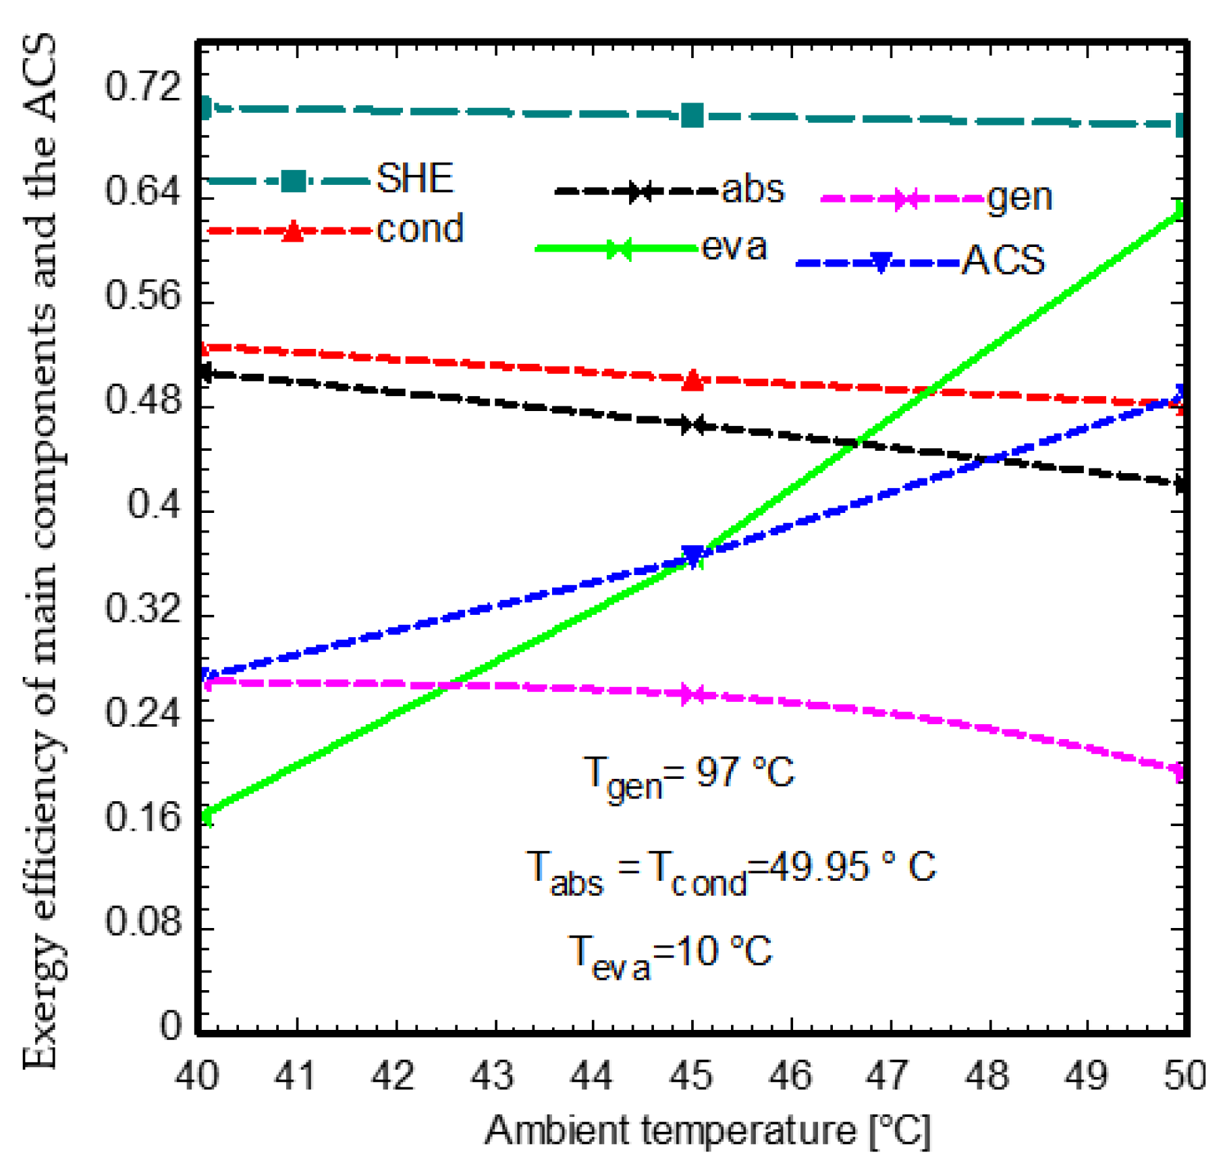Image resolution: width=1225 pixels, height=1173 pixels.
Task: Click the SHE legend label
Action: click(x=414, y=179)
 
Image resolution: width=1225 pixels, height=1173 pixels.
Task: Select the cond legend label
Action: click(x=420, y=229)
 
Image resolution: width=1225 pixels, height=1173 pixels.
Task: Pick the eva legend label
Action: click(x=734, y=247)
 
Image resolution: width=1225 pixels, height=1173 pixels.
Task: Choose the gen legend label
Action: click(x=1019, y=198)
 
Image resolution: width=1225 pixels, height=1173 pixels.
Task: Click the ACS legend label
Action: click(x=1004, y=260)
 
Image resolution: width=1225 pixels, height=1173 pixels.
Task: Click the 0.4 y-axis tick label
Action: click(x=155, y=503)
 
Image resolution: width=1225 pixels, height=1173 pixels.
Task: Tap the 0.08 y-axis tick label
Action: click(x=144, y=921)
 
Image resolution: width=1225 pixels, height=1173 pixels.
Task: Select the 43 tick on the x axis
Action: click(x=493, y=1074)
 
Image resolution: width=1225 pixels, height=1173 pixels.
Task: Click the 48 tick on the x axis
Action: click(x=987, y=1074)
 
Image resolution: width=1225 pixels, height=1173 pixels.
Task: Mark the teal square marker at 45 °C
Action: click(x=692, y=115)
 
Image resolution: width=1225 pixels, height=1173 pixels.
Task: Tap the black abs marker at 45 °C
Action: click(x=692, y=425)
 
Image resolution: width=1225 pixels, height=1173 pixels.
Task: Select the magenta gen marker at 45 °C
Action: click(x=692, y=694)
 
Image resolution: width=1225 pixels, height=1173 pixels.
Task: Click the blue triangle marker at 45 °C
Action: click(x=692, y=555)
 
